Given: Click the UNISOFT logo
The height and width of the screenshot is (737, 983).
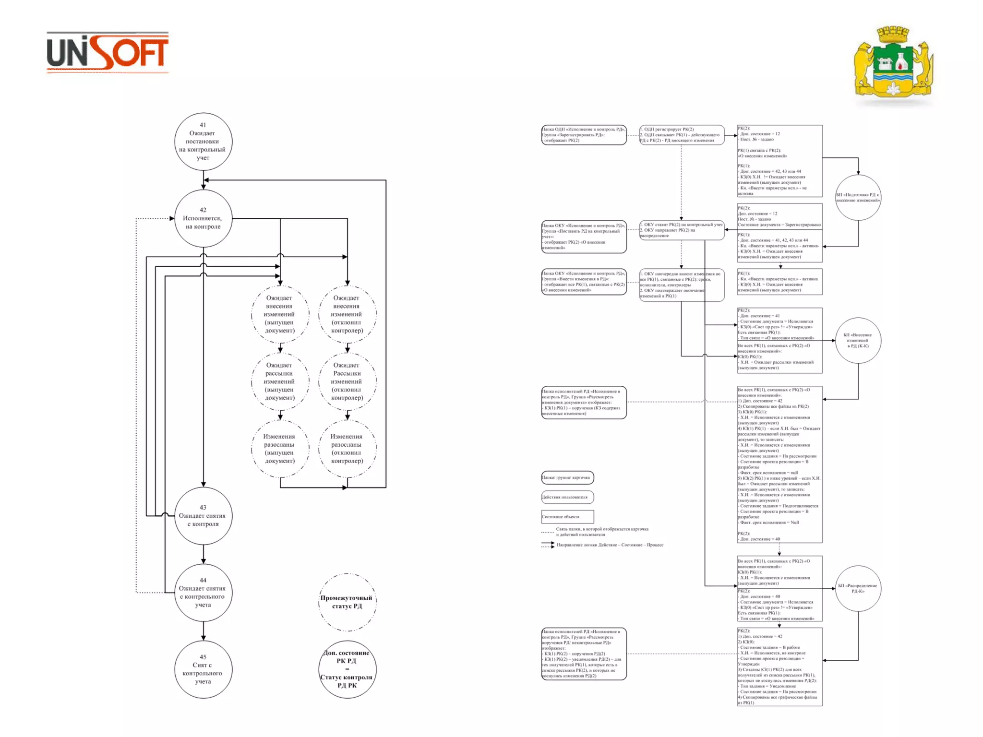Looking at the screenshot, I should point(108,52).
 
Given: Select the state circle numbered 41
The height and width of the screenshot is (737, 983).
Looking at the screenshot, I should point(203,142).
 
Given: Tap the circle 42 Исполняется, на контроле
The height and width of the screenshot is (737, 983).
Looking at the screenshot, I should point(203,218).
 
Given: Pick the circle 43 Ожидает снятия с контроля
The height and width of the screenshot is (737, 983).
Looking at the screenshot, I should point(203,516).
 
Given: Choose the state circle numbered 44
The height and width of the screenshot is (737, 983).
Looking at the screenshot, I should point(203,593).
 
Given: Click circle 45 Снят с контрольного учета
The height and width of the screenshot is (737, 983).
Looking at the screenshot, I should point(203,669).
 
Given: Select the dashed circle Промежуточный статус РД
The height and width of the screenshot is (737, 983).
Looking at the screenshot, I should point(347,602).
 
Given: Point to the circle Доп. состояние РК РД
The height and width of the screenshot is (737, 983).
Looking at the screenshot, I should point(347,669).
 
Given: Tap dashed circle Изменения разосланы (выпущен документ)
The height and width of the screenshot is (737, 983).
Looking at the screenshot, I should point(280,449).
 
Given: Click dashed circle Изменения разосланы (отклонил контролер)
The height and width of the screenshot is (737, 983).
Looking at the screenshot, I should point(347,449).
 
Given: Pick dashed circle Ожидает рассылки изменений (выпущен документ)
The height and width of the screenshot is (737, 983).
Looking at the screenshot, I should point(280,381).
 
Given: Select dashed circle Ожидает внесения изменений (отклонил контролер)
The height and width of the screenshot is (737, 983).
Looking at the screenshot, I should point(347,314).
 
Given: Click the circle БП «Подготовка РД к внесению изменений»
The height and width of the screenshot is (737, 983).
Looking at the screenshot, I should point(858,198).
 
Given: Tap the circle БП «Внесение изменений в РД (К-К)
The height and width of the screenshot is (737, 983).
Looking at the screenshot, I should point(858,340).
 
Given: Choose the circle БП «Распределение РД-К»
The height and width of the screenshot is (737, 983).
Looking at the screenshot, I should point(858,588).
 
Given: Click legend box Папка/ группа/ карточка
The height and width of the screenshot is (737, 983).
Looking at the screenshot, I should point(567,477).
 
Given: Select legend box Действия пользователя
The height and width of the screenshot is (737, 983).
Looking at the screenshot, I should point(567,497).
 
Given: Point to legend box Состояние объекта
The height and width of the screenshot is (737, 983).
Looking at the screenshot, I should point(567,517).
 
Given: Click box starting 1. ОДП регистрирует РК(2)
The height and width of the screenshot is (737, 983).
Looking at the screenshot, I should point(682,135).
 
